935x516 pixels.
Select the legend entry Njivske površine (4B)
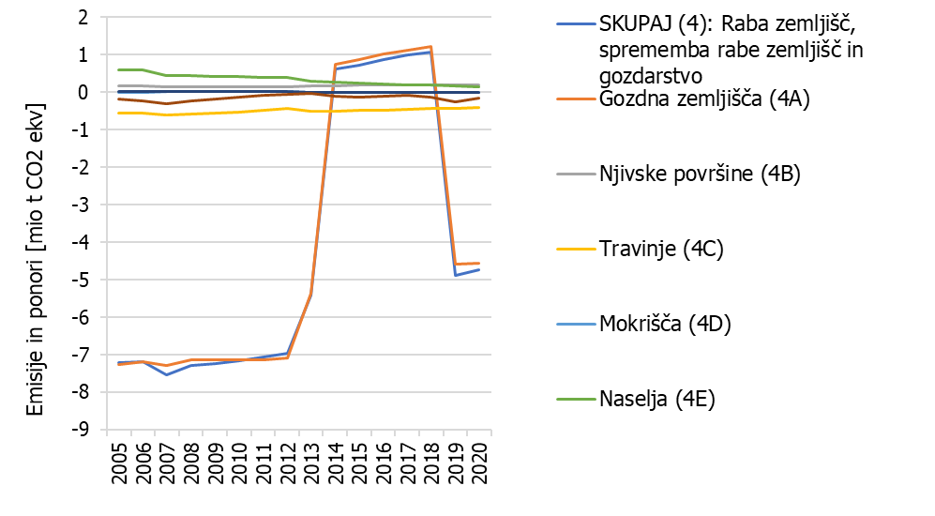pyautogui.click(x=699, y=175)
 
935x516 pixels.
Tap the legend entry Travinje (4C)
pyautogui.click(x=661, y=249)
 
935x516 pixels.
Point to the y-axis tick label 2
pyautogui.click(x=83, y=18)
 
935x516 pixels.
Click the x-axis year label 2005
pyautogui.click(x=119, y=463)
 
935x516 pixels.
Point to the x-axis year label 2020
pyautogui.click(x=479, y=463)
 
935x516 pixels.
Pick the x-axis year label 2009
pyautogui.click(x=217, y=463)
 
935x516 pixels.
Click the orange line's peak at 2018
pyautogui.click(x=430, y=47)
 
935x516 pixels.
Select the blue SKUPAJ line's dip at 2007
pyautogui.click(x=167, y=374)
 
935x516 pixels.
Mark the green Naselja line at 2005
pyautogui.click(x=119, y=69)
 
